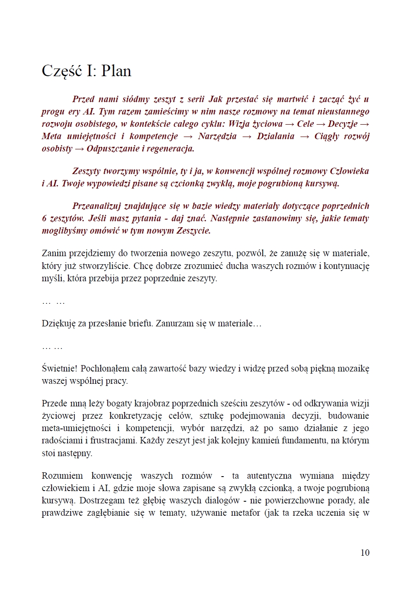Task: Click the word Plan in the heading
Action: [x=116, y=71]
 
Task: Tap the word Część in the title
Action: [x=62, y=71]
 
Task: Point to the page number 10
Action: [x=365, y=553]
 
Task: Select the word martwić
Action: [x=292, y=99]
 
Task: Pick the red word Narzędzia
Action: [x=217, y=136]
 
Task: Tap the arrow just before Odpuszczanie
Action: [x=80, y=149]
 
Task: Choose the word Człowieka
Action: [x=349, y=171]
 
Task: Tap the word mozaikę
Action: [x=352, y=368]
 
